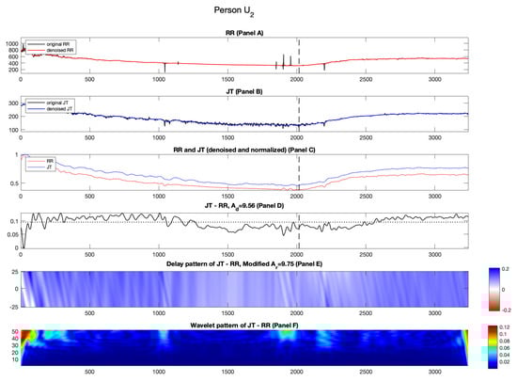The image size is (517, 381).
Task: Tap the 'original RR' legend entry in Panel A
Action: click(x=52, y=44)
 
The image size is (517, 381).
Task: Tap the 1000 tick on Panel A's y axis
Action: click(x=10, y=44)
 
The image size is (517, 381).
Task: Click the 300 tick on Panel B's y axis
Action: click(x=12, y=103)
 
